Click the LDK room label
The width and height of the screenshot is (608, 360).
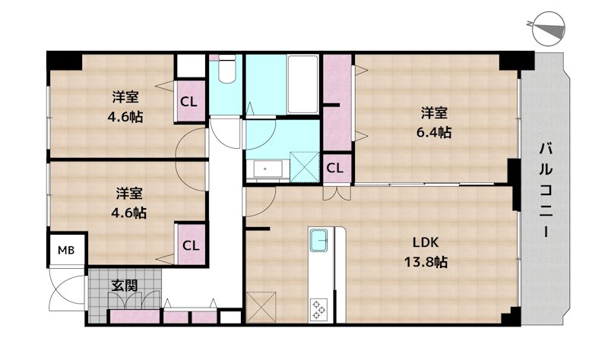426,243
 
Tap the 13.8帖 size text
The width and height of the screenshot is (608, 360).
426,262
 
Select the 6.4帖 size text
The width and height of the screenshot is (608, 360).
433,132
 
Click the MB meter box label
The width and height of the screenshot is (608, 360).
66,251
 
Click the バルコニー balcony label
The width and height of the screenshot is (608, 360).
546,190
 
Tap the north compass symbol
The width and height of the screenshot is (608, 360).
548,27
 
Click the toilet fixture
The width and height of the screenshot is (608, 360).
226,68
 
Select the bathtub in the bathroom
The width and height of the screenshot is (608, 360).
302,84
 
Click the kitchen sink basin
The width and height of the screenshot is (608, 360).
318,240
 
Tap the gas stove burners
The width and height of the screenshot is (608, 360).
318,308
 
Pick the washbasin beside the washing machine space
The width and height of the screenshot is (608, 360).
268,169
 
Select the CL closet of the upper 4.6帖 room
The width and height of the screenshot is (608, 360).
189,102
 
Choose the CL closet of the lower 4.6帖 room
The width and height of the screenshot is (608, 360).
192,245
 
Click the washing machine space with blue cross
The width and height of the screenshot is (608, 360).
305,167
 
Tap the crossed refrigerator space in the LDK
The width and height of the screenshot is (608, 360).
261,307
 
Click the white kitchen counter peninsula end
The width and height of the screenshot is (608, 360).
340,275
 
